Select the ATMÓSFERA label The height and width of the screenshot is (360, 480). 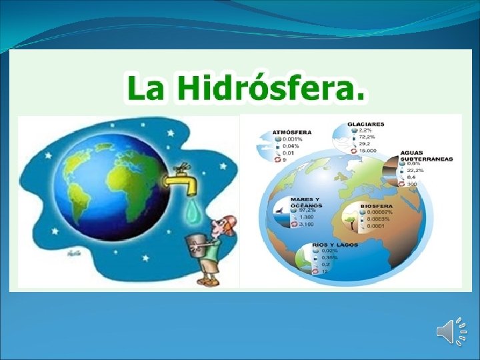291,133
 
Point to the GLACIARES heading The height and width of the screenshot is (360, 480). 366,124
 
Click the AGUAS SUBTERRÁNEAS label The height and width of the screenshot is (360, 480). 426,156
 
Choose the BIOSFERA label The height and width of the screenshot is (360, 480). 377,206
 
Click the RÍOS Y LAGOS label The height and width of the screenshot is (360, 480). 338,245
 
